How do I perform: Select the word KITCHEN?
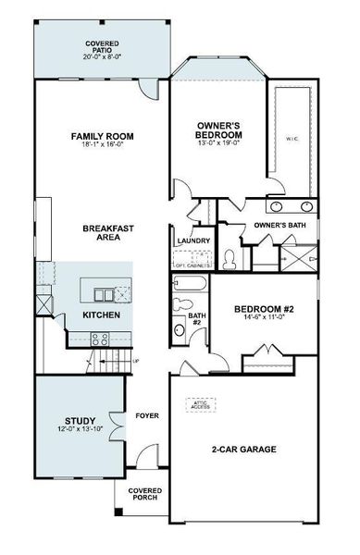(101, 315)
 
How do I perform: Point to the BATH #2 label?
(195, 319)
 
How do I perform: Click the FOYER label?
(147, 415)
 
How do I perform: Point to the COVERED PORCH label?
(144, 494)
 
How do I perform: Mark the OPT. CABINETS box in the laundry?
(192, 264)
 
